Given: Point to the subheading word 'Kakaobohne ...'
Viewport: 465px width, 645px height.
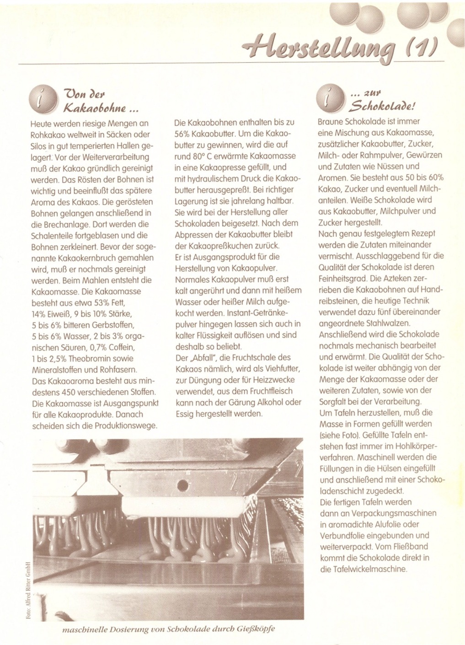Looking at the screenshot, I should tap(101, 108).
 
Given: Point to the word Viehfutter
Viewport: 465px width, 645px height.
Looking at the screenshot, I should tap(280, 369).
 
